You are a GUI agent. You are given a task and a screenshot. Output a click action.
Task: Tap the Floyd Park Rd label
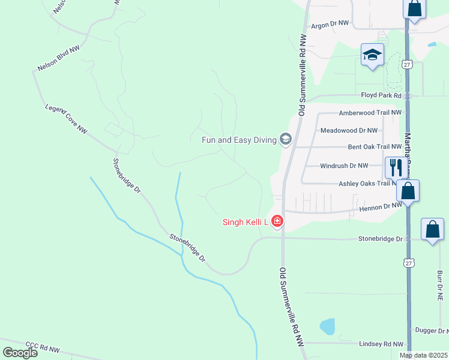coord(381,95)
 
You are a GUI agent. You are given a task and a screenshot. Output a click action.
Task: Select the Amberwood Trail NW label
coord(369,113)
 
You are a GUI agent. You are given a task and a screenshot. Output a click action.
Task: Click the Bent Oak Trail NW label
coord(375,146)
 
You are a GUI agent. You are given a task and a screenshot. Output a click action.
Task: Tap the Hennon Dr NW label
coord(379,205)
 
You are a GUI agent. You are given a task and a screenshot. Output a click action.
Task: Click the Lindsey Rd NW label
coord(381,344)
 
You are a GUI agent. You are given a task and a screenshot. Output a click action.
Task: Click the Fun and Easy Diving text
coord(238,140)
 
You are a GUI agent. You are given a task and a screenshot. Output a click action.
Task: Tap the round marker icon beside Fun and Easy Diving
coord(285,140)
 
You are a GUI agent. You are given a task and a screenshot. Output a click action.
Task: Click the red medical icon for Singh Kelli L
coord(277,222)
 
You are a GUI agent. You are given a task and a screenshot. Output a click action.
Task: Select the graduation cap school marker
coord(372,55)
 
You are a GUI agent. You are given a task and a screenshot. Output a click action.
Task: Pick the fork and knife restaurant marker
coord(395,167)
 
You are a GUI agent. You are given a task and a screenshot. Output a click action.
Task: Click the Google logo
coord(20,352)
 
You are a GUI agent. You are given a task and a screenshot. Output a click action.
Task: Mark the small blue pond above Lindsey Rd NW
coord(327,326)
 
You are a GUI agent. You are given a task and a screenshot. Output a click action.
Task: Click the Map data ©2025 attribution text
coord(423,355)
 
